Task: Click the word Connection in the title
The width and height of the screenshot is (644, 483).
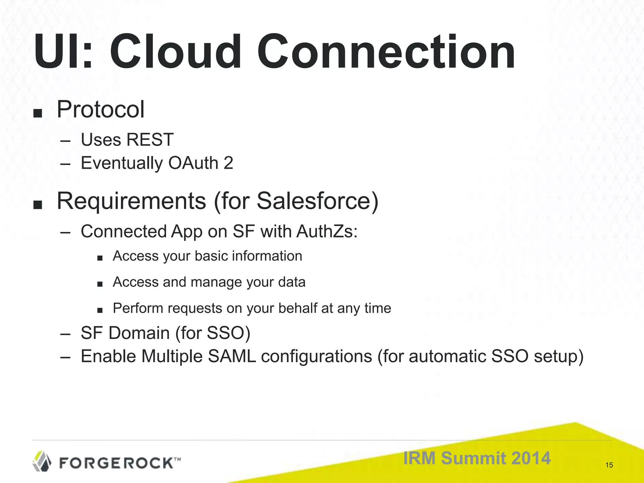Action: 386,52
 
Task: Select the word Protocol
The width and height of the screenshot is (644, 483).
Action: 100,109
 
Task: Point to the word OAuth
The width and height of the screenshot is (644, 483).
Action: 193,163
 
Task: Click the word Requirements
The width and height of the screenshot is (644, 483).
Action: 131,201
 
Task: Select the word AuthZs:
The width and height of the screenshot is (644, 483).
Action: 327,231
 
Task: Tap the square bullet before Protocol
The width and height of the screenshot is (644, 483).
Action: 37,114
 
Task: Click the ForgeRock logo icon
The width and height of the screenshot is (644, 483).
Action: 42,461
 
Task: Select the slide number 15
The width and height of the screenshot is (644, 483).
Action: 609,465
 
